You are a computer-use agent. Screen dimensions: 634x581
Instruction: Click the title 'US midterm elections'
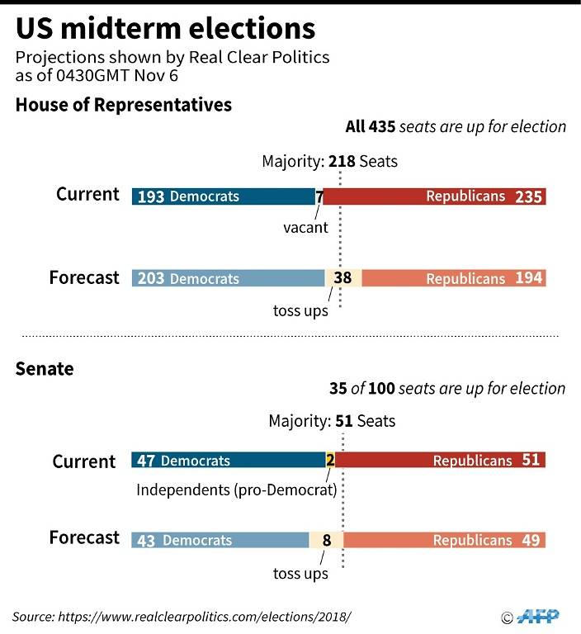coord(165,29)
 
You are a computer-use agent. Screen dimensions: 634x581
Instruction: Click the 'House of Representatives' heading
coord(124,105)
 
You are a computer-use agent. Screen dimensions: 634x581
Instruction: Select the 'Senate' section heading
coord(45,369)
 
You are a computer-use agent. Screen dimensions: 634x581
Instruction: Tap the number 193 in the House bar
coord(151,196)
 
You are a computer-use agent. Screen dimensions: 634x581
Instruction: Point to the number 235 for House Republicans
coord(528,196)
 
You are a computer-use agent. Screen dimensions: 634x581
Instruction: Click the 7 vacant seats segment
coord(319,196)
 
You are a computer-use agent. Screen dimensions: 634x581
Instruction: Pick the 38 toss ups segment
coord(342,278)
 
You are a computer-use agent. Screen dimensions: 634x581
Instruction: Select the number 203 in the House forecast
coord(151,278)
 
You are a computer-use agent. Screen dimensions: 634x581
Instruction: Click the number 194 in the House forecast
coord(528,278)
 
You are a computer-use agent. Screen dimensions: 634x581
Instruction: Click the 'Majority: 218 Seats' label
coord(329,161)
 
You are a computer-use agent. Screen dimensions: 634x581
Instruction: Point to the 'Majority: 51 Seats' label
coord(332,421)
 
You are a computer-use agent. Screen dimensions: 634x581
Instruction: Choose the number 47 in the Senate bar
coord(147,460)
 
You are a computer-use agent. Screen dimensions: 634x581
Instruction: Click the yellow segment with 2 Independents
coord(330,460)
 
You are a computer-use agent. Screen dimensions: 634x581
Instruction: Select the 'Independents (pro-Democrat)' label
coord(236,490)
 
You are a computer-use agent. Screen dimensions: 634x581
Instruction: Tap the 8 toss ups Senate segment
coord(327,541)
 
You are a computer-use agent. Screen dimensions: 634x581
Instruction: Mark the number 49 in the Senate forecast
coord(531,540)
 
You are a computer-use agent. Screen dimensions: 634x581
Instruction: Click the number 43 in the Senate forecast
coord(147,541)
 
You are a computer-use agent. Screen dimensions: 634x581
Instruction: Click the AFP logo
coord(537,616)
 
